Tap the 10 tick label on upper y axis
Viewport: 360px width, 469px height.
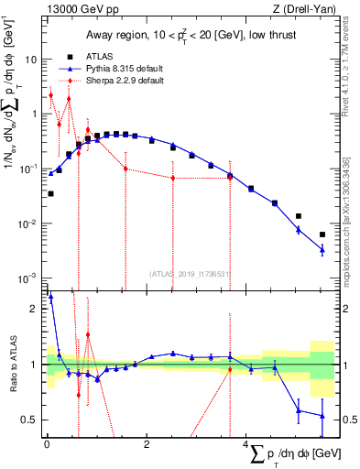[30, 59]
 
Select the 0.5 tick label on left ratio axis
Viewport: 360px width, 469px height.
[30, 420]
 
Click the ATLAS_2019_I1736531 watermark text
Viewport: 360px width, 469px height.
[190, 273]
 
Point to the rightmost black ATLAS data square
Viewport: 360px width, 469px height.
[322, 234]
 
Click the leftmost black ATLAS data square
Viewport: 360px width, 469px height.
[50, 193]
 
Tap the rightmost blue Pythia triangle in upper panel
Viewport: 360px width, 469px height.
[322, 249]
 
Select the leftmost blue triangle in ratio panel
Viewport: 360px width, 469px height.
[50, 297]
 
